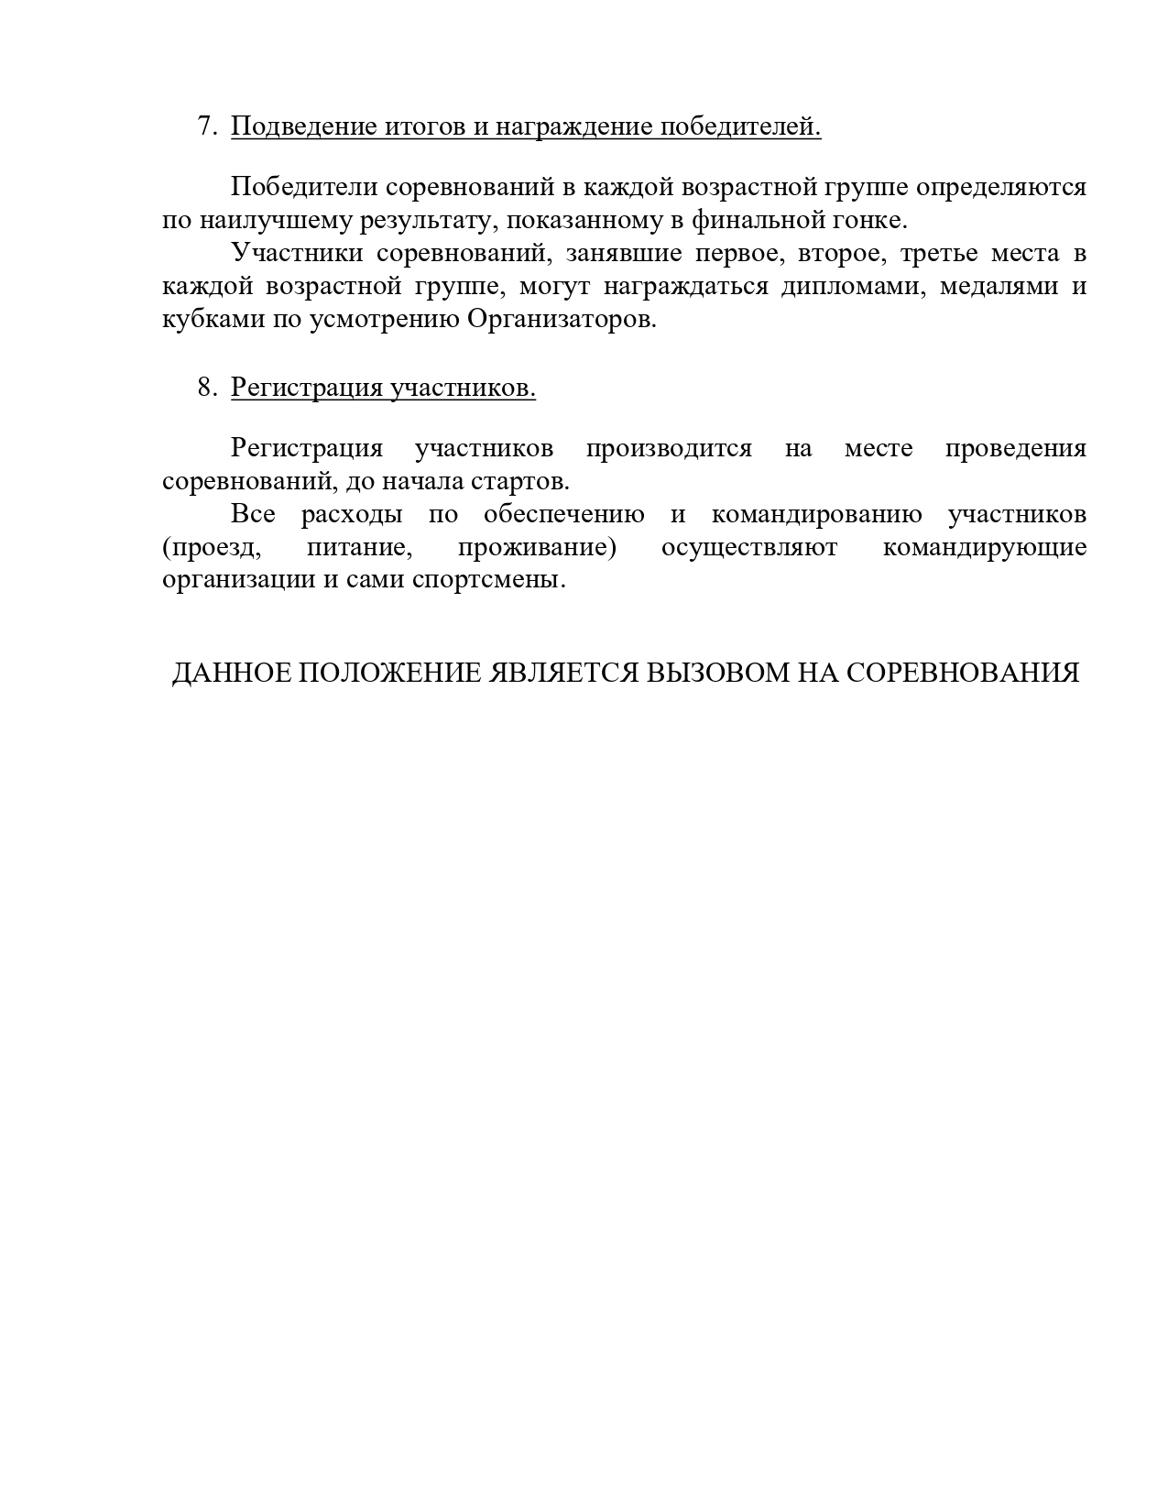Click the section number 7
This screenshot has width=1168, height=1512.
tap(206, 126)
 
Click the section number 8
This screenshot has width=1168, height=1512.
tap(206, 388)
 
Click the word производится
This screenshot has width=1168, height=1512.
tap(669, 448)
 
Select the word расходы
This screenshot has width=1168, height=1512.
tap(352, 514)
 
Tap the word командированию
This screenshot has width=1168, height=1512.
tap(817, 514)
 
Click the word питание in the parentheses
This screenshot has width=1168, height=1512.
tap(357, 548)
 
